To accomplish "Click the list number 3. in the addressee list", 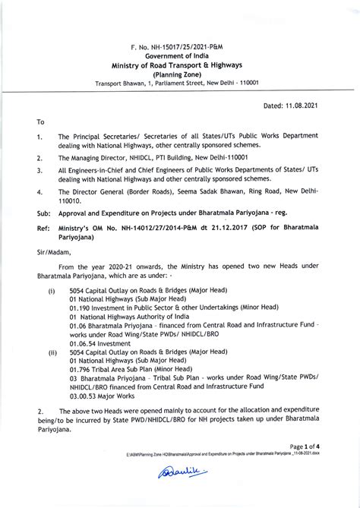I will coord(39,172).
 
